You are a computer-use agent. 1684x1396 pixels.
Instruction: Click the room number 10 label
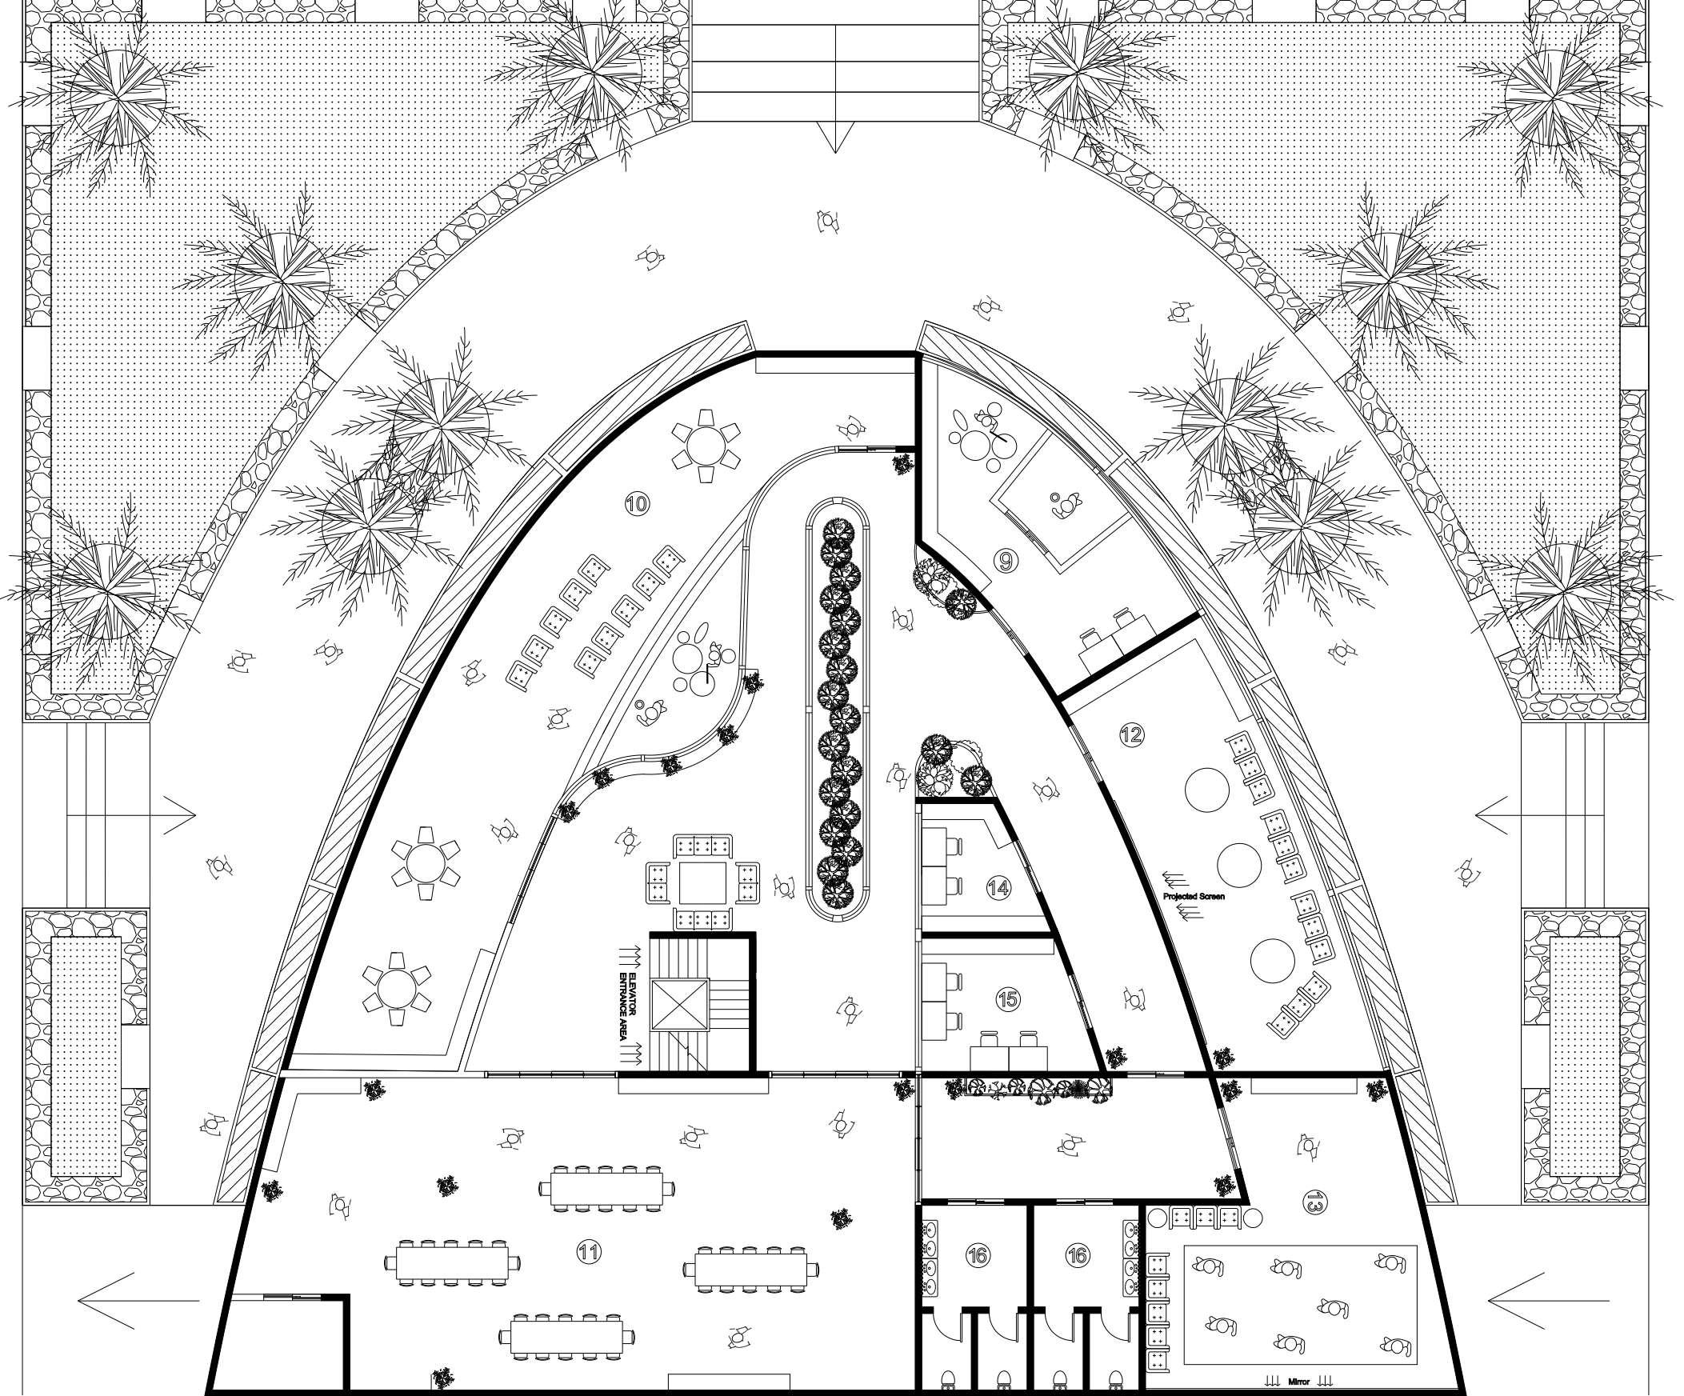[637, 503]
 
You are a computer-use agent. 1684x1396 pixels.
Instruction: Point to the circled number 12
[1130, 734]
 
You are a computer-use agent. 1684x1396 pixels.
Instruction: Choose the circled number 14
[998, 888]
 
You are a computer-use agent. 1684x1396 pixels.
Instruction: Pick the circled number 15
[1008, 999]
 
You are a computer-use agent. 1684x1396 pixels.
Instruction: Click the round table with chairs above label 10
[705, 445]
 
